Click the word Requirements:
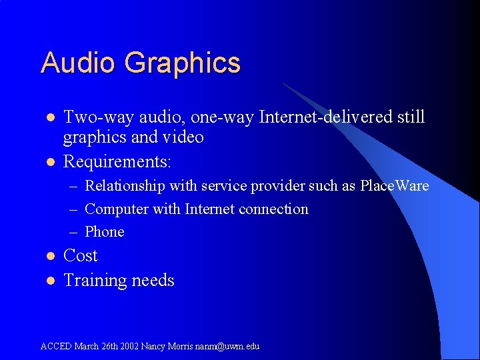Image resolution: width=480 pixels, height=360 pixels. (117, 161)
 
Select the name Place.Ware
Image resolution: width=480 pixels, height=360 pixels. (394, 186)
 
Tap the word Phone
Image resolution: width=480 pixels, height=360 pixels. (105, 231)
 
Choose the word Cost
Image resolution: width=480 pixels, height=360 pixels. (80, 256)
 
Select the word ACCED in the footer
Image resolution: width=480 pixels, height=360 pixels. (56, 346)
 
